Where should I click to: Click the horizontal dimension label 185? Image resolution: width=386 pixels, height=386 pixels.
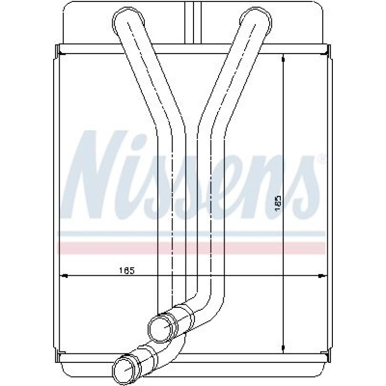(x=127, y=271)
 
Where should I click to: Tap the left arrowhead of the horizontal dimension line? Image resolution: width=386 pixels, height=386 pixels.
(x=64, y=276)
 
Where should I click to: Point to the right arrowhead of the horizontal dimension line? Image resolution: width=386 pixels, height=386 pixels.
(x=321, y=276)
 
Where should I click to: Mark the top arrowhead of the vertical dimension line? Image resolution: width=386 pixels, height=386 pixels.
(x=284, y=59)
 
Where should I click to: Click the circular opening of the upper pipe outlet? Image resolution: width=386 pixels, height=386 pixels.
(x=162, y=328)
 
